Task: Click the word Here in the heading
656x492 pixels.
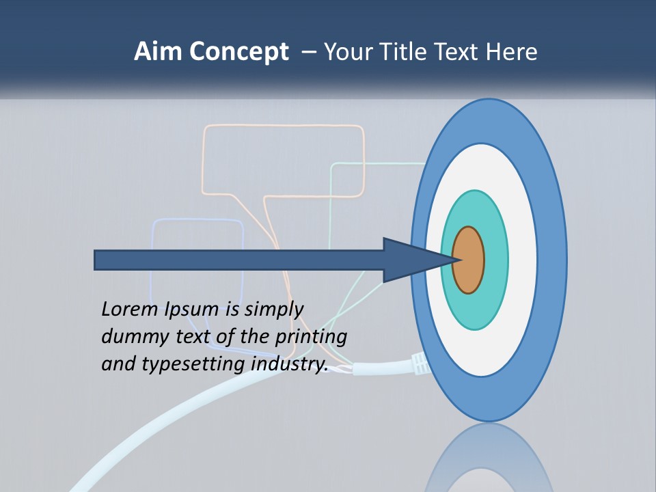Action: pyautogui.click(x=512, y=52)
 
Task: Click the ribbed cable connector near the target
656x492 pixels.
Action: pyautogui.click(x=420, y=365)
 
